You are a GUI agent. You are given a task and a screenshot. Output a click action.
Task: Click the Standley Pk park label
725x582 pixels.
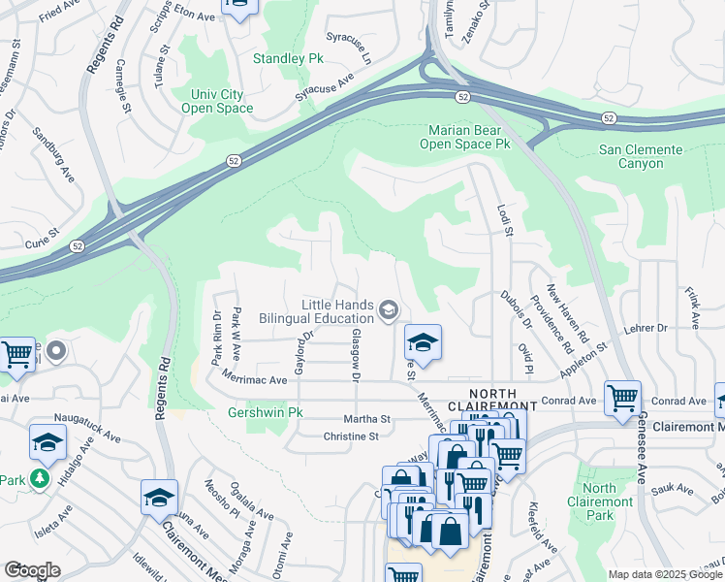point(288,58)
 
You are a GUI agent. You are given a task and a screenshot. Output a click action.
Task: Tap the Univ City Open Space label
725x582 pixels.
point(217,101)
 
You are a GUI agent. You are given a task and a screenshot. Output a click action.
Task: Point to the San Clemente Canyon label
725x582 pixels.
point(641,156)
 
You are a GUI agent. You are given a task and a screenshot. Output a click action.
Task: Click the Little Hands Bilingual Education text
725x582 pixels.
point(324,310)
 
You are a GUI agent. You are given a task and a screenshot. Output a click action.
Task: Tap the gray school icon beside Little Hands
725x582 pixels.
point(389,309)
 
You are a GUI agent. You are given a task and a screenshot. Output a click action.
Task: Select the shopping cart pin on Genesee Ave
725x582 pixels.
point(622,398)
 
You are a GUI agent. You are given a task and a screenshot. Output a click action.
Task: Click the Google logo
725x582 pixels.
point(32,570)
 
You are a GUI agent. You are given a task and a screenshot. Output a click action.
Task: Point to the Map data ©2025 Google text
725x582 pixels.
point(665,574)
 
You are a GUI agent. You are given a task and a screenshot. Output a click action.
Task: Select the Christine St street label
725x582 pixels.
point(350,436)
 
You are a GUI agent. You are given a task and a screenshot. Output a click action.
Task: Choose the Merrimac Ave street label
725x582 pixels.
point(254,381)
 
